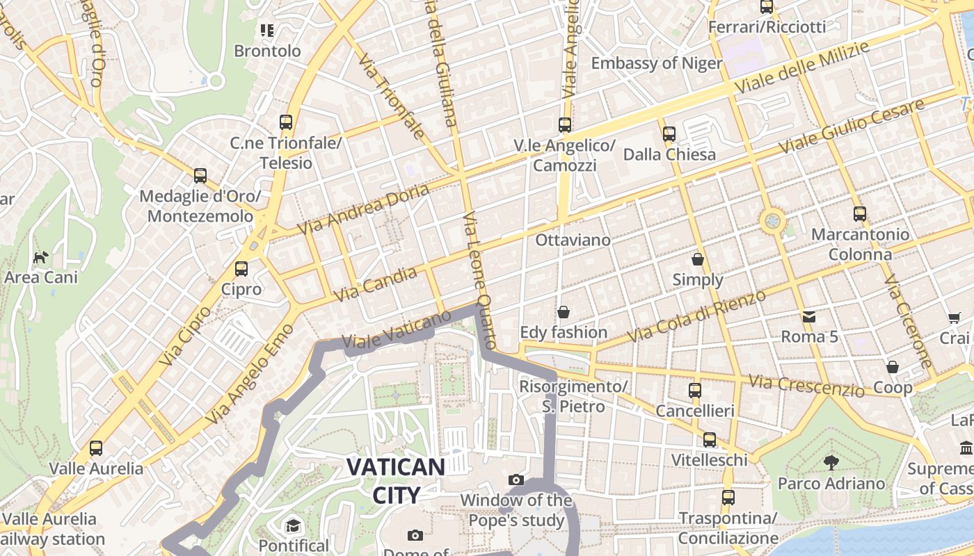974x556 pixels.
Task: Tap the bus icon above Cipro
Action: (241, 268)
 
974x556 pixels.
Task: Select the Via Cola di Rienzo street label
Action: (696, 316)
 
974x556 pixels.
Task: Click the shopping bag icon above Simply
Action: (697, 259)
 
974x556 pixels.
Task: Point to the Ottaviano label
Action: (573, 240)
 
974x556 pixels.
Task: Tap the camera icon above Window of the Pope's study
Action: (516, 480)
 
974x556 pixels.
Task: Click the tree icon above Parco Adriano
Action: (831, 462)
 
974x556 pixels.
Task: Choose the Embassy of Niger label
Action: (657, 63)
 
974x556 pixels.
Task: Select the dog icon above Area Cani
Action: (41, 257)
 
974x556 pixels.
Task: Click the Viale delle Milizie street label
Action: (802, 68)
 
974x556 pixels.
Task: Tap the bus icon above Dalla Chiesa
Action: (669, 133)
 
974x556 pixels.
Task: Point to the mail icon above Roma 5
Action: (809, 317)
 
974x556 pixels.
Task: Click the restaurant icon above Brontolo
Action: (267, 31)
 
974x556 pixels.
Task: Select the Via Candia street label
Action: (376, 284)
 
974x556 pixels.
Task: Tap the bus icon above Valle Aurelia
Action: (96, 448)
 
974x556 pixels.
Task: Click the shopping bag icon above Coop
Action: (892, 366)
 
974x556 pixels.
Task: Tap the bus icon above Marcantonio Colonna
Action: (860, 214)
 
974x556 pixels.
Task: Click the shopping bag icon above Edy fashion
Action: (564, 312)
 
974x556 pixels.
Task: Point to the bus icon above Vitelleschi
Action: (709, 439)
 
